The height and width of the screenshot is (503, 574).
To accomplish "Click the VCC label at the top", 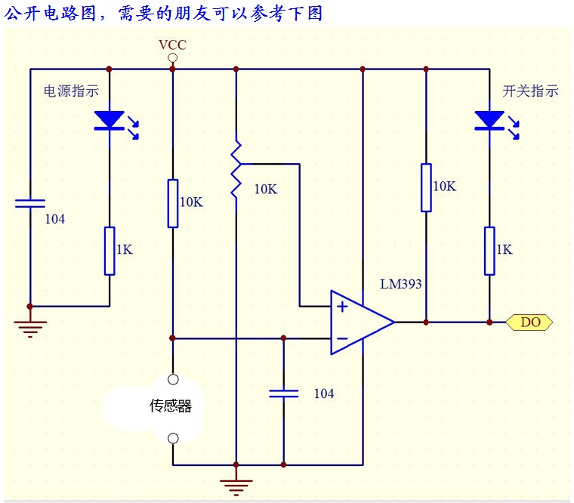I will pos(172,45).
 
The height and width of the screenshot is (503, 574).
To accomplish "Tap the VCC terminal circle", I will pos(172,57).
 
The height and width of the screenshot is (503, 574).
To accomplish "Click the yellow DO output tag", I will pos(531,322).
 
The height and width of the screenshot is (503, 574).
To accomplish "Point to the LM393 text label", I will pos(401,285).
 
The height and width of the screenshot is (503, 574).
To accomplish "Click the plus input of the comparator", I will pos(342,307).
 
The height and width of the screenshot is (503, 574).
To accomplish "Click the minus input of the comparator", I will pos(342,339).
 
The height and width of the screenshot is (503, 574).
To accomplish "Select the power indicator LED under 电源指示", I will pos(110,120).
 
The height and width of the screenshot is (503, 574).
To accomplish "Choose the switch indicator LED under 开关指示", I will pos(489,120).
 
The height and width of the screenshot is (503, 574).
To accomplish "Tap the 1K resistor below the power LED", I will pos(110,250).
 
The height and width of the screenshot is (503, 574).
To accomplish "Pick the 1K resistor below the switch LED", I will pos(489,250).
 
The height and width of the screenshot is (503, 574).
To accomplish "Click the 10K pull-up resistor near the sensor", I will pos(173,203).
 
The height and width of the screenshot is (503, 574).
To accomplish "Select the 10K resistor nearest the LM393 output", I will pos(426,187).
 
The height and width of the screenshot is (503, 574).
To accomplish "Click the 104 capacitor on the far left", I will pos(30,204).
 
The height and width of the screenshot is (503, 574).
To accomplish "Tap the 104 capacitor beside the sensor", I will pos(284,393).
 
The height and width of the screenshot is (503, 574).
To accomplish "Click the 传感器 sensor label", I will pos(171,406).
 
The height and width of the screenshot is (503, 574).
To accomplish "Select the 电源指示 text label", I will pos(72,91).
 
